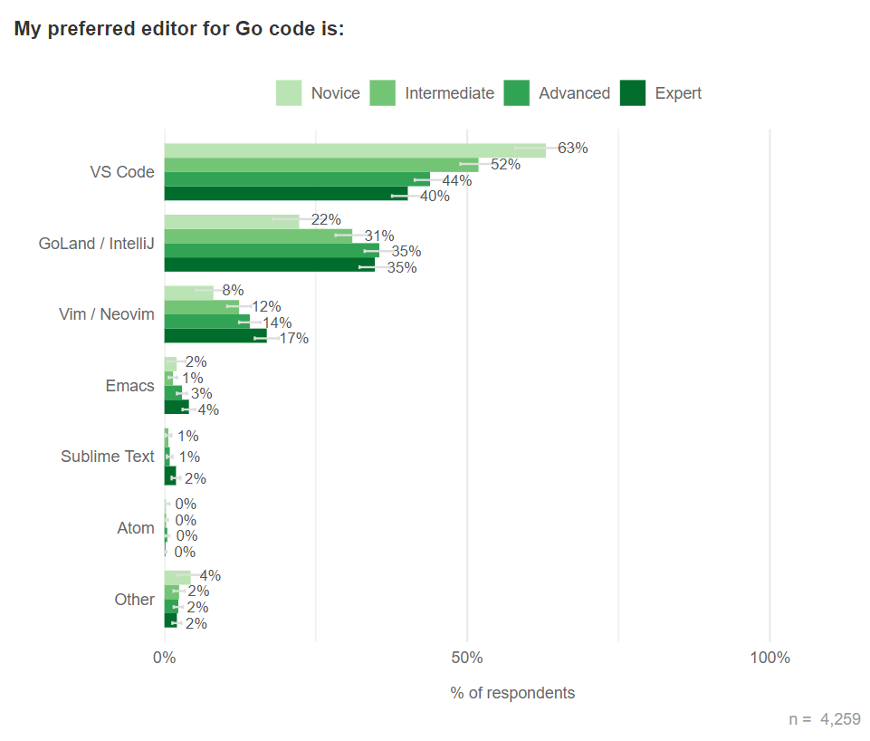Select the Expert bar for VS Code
click(285, 193)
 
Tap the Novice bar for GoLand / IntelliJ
click(231, 221)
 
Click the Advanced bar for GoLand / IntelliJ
click(272, 250)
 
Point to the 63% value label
click(573, 149)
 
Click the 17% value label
click(294, 339)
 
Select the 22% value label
click(326, 220)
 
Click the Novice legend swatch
click(289, 93)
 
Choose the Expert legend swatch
click(633, 93)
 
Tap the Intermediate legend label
click(449, 93)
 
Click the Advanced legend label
click(574, 93)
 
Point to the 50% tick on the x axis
click(467, 658)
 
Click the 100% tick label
click(770, 658)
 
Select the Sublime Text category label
click(108, 457)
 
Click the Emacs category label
click(130, 386)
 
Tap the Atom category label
click(136, 528)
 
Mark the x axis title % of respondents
click(512, 693)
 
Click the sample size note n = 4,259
click(825, 719)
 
